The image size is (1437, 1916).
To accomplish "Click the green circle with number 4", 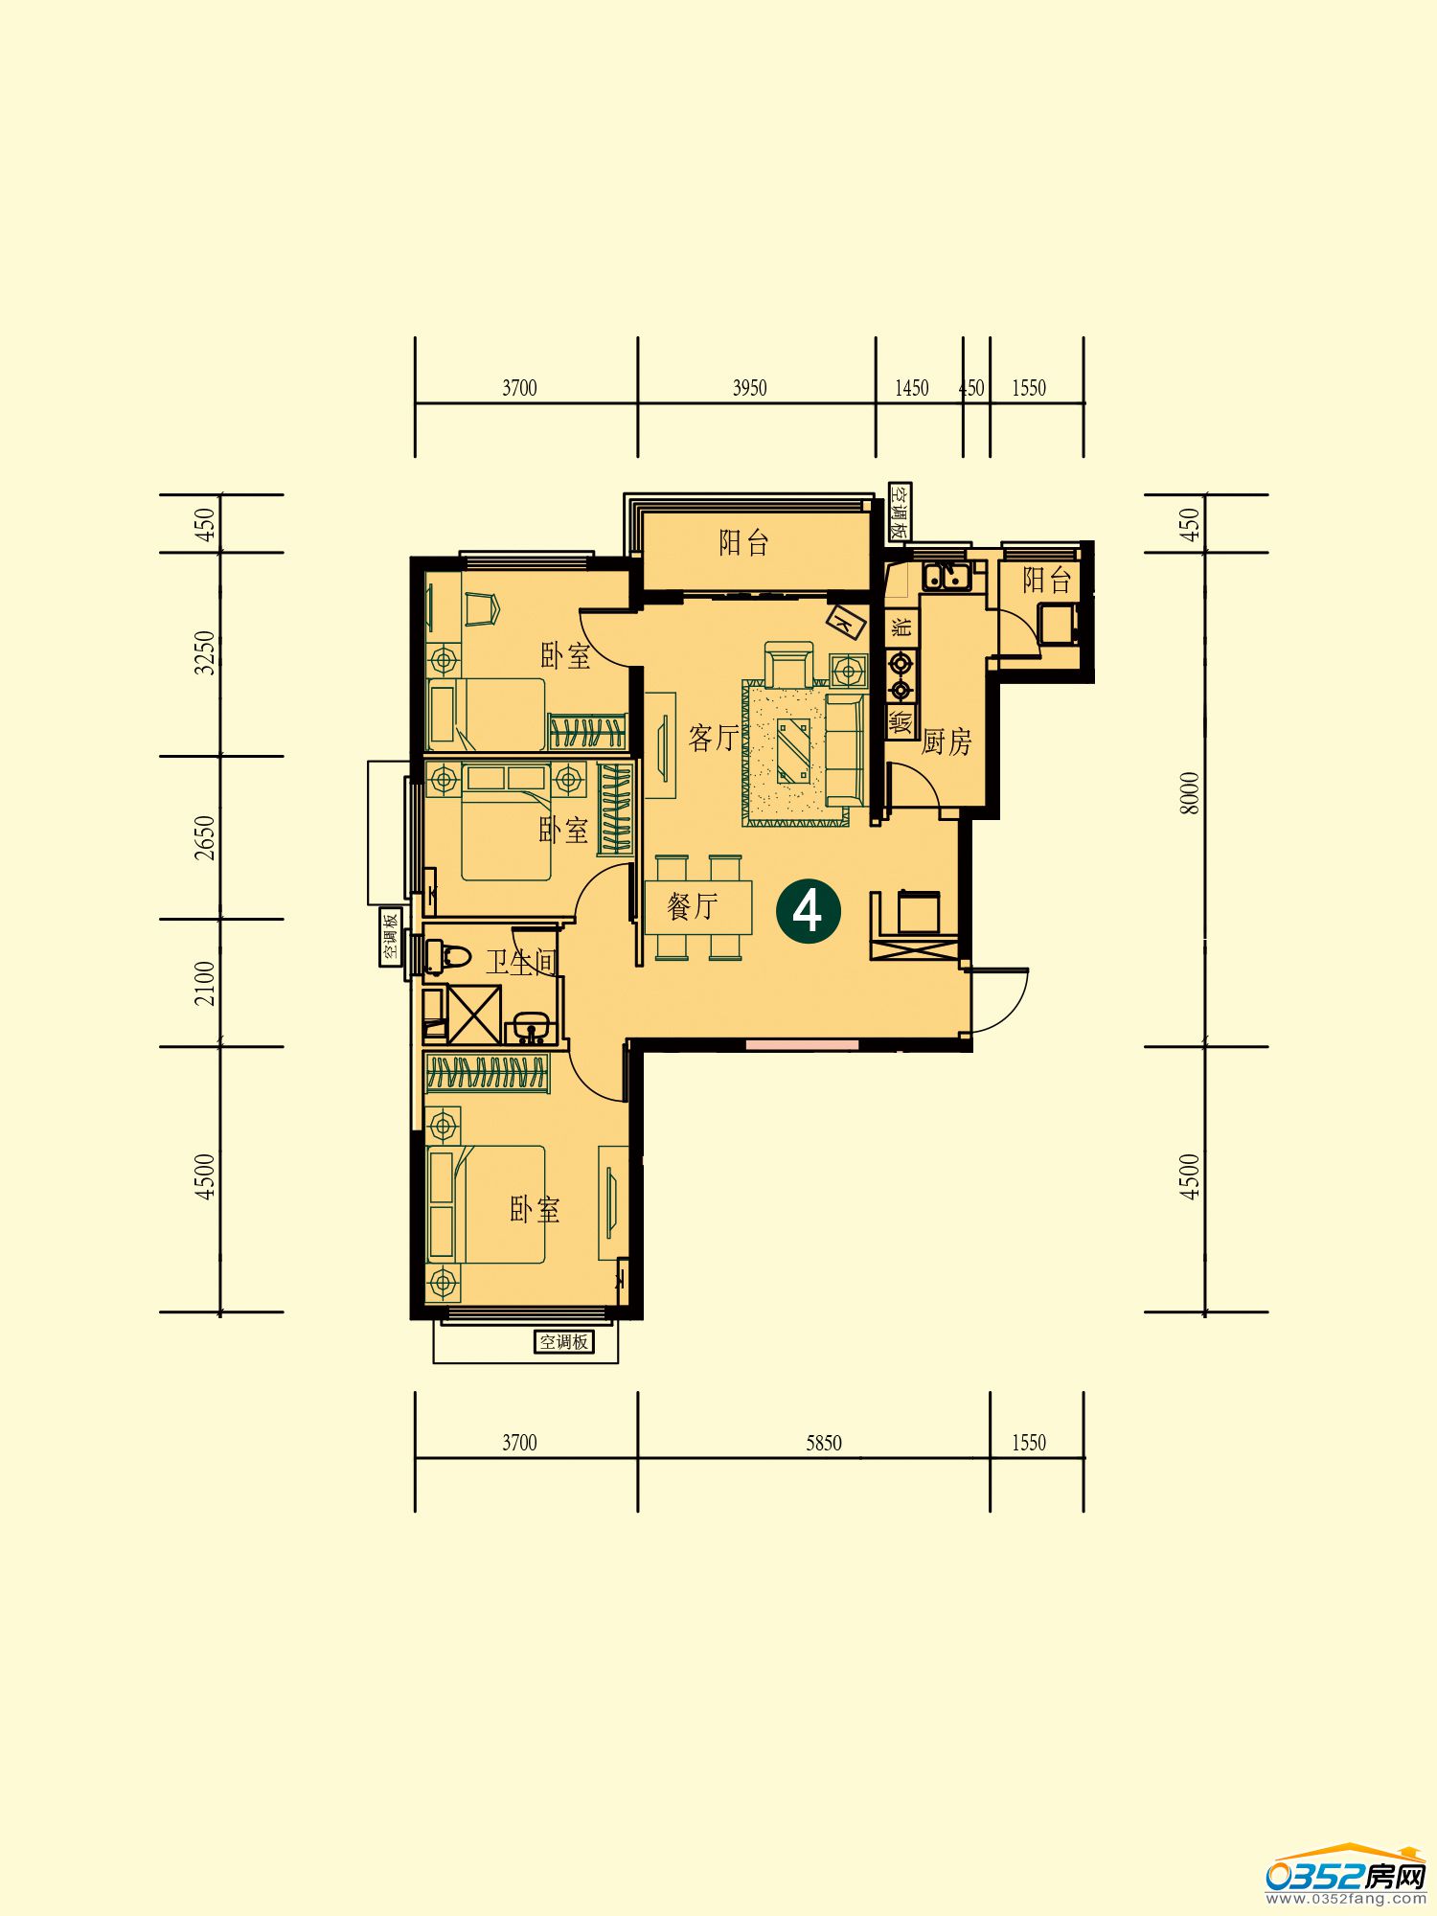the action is click(x=809, y=911).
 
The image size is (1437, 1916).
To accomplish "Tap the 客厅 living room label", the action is click(x=714, y=738).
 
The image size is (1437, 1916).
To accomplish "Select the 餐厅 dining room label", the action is click(x=693, y=905).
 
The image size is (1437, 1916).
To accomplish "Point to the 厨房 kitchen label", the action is click(x=947, y=741).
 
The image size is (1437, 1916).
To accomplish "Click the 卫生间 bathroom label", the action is click(x=521, y=962).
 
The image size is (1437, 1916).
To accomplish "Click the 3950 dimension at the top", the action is click(x=749, y=388).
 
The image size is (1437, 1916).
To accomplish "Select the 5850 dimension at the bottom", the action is click(x=823, y=1443).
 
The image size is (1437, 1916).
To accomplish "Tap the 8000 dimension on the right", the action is click(x=1189, y=793).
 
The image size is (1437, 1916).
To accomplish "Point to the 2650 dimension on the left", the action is click(x=205, y=837).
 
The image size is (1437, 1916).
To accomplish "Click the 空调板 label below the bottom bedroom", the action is click(x=563, y=1342).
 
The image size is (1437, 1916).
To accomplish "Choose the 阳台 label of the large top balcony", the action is click(x=744, y=543).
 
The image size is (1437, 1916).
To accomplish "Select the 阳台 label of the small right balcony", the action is click(x=1046, y=580).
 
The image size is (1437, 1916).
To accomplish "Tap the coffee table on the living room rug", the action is click(x=793, y=750).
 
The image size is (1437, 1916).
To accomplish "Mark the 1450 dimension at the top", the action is click(x=912, y=388).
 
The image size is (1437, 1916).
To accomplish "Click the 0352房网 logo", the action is click(x=1346, y=1873).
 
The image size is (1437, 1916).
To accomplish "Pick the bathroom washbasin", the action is click(x=530, y=1027).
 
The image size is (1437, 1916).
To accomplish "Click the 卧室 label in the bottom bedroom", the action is click(x=535, y=1210).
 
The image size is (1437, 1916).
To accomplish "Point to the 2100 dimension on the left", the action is click(x=205, y=983).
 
